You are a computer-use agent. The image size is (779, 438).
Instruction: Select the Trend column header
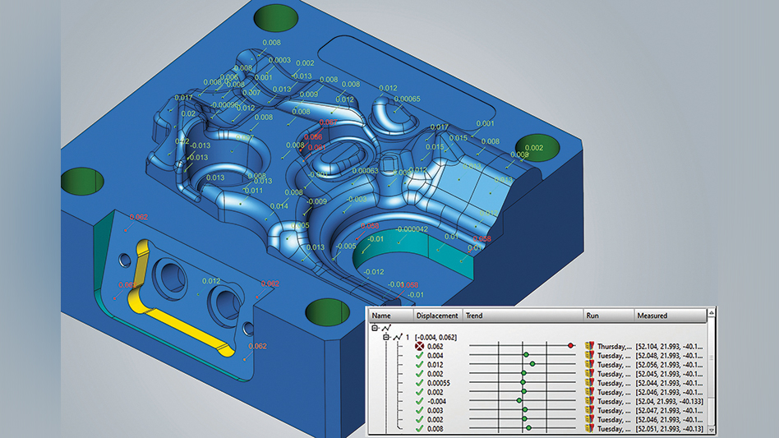pyautogui.click(x=474, y=316)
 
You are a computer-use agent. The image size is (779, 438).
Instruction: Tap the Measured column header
pyautogui.click(x=652, y=316)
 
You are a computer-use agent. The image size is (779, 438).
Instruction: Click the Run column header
pyautogui.click(x=592, y=316)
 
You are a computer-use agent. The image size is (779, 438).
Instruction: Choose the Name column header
pyautogui.click(x=381, y=316)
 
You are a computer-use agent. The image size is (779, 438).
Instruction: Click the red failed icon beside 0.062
pyautogui.click(x=419, y=347)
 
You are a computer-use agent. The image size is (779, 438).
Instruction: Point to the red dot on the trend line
pyautogui.click(x=570, y=346)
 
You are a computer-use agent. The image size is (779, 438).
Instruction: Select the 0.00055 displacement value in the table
pyautogui.click(x=440, y=383)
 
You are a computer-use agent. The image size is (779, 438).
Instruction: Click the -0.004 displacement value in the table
pyautogui.click(x=436, y=401)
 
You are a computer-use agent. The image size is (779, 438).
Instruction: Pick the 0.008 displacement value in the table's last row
pyautogui.click(x=435, y=428)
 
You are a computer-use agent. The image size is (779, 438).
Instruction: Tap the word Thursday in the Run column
pyautogui.click(x=612, y=347)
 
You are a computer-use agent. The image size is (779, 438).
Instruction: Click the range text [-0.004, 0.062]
pyautogui.click(x=442, y=337)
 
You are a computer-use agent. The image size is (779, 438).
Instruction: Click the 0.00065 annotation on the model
pyautogui.click(x=407, y=99)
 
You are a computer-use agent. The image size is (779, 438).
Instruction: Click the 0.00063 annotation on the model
pyautogui.click(x=366, y=171)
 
